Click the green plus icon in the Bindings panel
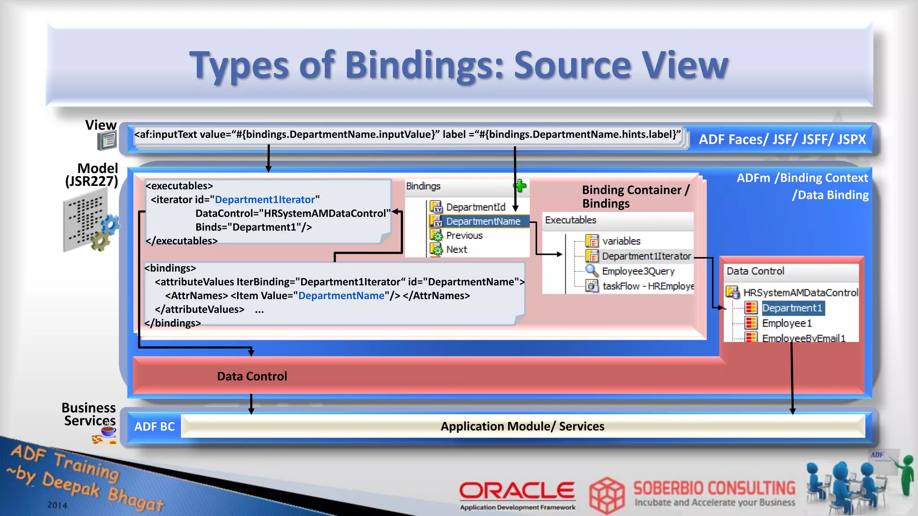coord(520,186)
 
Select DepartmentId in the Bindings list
coord(475,207)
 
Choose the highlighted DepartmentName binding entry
coord(483,221)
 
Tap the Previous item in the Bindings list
coord(464,236)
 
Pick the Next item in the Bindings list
coord(456,249)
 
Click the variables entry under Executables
coord(621,241)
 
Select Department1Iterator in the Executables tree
coord(646,256)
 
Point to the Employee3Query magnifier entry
coord(637,271)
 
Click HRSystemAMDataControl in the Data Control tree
coord(800,293)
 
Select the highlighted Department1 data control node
coord(792,308)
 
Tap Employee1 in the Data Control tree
coord(787,323)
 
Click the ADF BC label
coord(154,426)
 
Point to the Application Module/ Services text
coord(522,426)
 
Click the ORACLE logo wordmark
coord(517,490)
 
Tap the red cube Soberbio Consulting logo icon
coord(606,495)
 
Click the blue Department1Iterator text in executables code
coord(264,200)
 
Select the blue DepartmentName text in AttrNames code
coord(341,296)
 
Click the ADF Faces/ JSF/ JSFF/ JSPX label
coord(782,140)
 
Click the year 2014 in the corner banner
coord(57,505)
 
